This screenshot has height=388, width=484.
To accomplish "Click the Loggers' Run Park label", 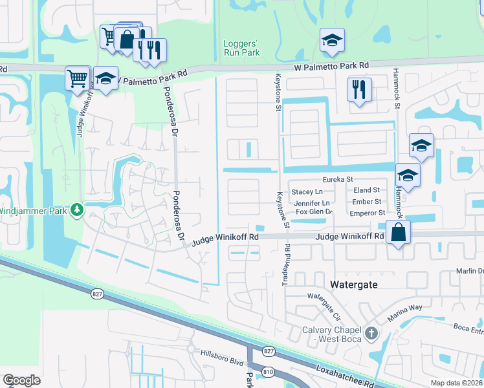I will [x=241, y=48].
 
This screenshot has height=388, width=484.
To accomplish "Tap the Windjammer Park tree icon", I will [x=77, y=210].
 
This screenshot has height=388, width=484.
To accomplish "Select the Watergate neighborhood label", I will [x=353, y=284].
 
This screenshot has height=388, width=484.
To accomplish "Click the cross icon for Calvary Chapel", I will [x=371, y=334].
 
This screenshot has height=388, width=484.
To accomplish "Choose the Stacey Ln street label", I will [x=307, y=191].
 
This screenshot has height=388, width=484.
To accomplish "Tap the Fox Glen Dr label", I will [x=314, y=211].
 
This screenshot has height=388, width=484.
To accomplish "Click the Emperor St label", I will [x=367, y=212].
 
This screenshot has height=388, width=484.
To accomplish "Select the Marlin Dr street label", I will [x=470, y=272].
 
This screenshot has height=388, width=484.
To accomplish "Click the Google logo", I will [x=21, y=380].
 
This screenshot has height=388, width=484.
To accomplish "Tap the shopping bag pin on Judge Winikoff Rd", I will [x=398, y=232].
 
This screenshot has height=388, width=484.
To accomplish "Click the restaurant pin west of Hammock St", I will [x=358, y=89].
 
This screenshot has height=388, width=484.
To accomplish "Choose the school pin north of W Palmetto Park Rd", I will [x=332, y=40].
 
